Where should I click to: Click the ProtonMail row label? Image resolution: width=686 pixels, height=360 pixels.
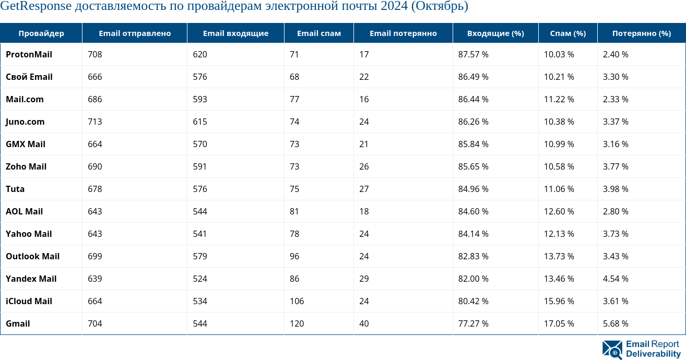click(29, 54)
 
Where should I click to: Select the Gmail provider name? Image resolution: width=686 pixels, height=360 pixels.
click(18, 323)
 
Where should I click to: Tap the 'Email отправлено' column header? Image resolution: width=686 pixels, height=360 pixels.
click(135, 33)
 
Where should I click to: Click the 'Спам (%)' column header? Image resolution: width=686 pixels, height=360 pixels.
click(568, 33)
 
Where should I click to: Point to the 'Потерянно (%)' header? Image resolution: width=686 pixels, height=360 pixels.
click(642, 33)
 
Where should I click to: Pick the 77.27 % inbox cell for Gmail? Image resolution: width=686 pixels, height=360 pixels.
click(473, 323)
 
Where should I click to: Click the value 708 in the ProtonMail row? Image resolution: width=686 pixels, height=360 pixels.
click(95, 54)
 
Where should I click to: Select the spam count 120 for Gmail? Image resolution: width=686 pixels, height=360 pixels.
click(297, 323)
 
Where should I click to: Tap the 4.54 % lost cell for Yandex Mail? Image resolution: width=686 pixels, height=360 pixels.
click(616, 279)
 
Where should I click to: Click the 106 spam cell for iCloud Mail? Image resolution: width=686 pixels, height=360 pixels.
click(297, 301)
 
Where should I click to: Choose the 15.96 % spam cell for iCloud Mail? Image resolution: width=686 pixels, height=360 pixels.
click(559, 301)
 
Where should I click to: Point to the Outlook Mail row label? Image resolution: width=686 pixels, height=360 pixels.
click(32, 256)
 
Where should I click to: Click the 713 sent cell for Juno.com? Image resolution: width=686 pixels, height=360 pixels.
click(95, 122)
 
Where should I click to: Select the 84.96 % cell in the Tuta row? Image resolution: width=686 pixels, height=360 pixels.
click(473, 189)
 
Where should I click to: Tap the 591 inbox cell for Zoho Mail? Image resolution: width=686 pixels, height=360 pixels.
click(199, 166)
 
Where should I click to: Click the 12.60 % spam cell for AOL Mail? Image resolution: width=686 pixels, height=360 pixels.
click(559, 211)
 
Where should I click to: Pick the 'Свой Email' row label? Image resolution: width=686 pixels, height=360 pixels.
click(29, 77)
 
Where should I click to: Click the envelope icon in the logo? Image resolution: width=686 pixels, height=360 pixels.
click(612, 350)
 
